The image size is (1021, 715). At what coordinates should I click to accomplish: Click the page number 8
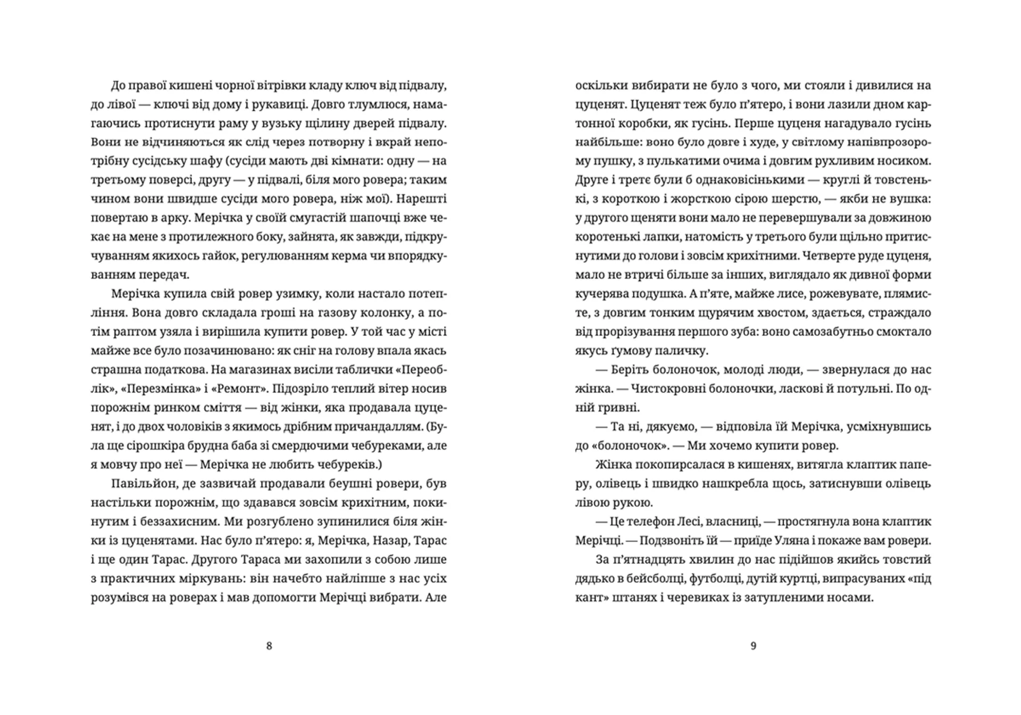[269, 646]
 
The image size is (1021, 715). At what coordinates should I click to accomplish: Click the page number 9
[753, 646]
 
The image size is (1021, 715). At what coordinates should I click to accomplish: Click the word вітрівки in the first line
[275, 86]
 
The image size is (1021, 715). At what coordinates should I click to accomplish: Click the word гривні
[621, 408]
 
